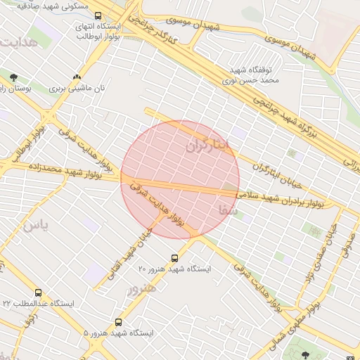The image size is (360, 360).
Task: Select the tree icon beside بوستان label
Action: tap(13, 77)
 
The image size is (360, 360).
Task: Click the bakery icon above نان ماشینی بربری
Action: tap(77, 77)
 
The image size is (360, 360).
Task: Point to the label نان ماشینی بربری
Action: tap(77, 89)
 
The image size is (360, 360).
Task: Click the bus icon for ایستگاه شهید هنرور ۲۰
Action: tap(175, 257)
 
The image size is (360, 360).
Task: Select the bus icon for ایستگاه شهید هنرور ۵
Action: tap(118, 322)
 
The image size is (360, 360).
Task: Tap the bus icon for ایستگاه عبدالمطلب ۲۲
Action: tap(38, 292)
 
